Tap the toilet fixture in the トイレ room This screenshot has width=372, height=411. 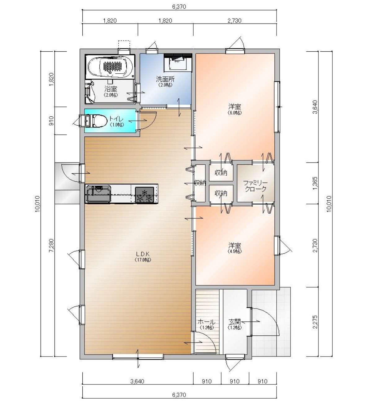point(96,121)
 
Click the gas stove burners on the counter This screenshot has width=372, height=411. point(144,195)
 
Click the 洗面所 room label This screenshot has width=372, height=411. point(165,79)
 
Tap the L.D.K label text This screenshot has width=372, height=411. point(143,254)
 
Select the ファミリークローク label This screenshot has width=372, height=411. point(255,186)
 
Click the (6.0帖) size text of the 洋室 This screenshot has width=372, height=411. point(234,113)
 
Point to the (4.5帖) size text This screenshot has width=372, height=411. point(234,251)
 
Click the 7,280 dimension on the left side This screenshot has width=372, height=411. point(51,245)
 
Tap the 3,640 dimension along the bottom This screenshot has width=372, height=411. point(137,381)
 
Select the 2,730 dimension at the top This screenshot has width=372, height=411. point(234,20)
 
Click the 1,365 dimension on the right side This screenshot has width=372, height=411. point(315,184)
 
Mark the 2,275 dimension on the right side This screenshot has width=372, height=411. point(315,322)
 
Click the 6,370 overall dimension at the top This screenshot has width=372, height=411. point(179,7)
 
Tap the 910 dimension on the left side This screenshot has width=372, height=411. point(51,121)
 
